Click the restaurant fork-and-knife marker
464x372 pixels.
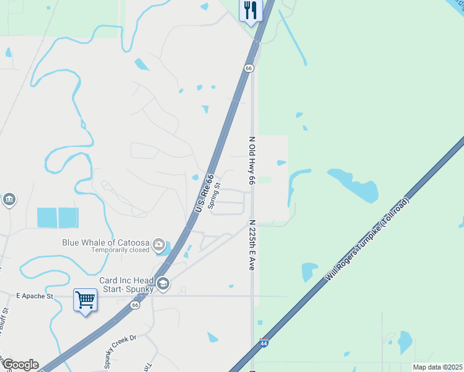[x=251, y=11]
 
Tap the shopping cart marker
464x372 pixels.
[x=85, y=300]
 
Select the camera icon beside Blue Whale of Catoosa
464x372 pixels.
[x=160, y=244]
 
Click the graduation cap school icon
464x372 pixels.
[x=163, y=283]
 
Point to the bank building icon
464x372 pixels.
[x=9, y=200]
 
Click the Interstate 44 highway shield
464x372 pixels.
[x=264, y=343]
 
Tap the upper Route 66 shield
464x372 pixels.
[x=248, y=68]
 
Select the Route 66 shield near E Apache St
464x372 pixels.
[x=135, y=305]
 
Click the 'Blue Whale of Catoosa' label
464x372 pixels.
[x=106, y=242]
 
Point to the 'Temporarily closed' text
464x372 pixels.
[x=120, y=250]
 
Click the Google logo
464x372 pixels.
[x=20, y=365]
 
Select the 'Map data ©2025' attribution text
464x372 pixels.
[x=437, y=367]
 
